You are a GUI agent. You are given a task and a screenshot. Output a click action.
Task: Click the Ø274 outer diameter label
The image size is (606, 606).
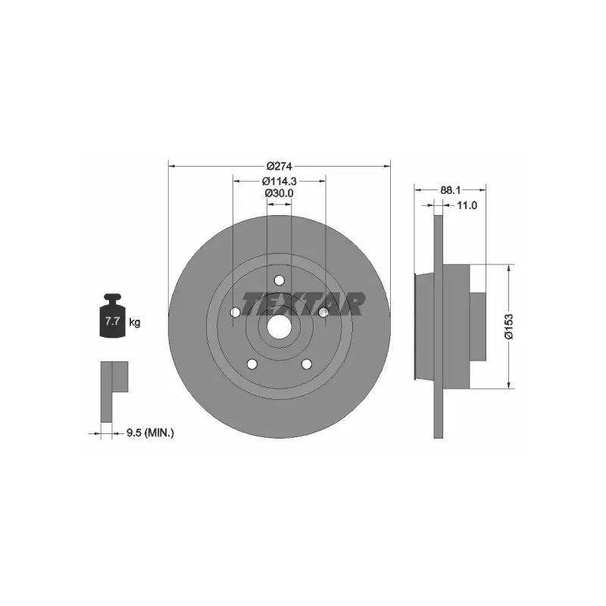point(279,166)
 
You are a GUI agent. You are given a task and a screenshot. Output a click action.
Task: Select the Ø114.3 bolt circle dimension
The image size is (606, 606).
point(279,180)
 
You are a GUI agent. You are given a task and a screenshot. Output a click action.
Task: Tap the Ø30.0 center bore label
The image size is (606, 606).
point(279,193)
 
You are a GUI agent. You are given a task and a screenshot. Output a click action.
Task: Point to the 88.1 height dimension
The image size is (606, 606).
point(450,190)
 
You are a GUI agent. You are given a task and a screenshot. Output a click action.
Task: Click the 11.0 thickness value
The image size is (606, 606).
point(467,205)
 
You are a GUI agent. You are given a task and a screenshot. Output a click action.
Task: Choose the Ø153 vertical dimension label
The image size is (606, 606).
point(509,326)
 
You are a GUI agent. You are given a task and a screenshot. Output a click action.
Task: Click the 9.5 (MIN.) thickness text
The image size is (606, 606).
point(150,433)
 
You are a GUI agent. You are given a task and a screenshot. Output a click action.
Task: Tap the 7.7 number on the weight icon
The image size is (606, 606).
point(112,320)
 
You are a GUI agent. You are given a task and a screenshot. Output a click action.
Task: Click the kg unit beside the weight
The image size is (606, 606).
point(135,322)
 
